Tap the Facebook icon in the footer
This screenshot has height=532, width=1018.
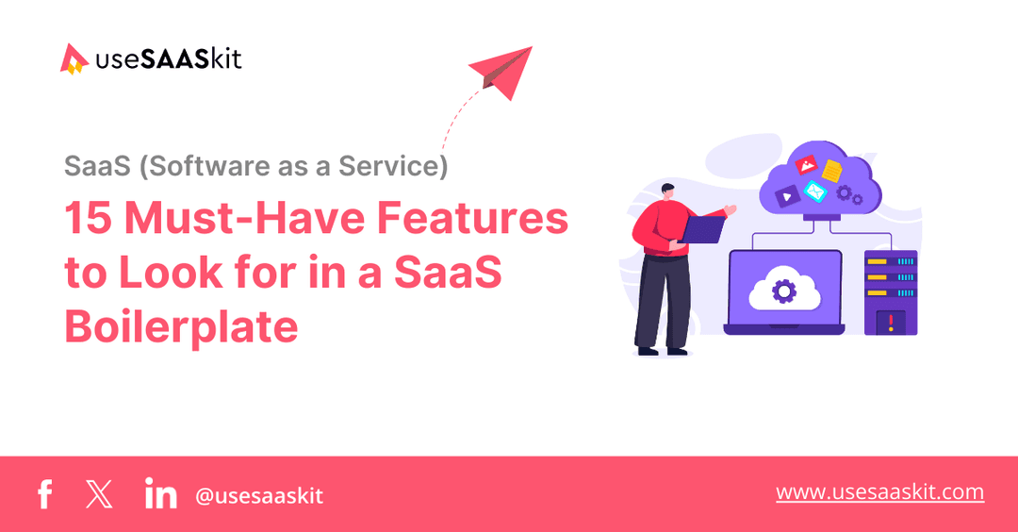44,494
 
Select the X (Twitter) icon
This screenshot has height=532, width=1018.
98,494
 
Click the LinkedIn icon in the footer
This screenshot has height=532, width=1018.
161,493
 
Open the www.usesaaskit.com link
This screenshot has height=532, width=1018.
879,492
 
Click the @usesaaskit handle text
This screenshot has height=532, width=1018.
259,495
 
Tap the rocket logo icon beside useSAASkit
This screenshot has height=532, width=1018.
74,58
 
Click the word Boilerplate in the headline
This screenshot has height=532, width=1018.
181,327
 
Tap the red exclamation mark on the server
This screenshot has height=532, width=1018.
890,322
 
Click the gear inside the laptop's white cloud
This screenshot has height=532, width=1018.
783,290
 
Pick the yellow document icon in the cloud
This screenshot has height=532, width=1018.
831,171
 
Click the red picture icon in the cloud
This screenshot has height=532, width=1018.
805,166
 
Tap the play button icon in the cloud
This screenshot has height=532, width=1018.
783,196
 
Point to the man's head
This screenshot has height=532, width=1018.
667,194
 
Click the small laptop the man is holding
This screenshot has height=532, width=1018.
703,228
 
